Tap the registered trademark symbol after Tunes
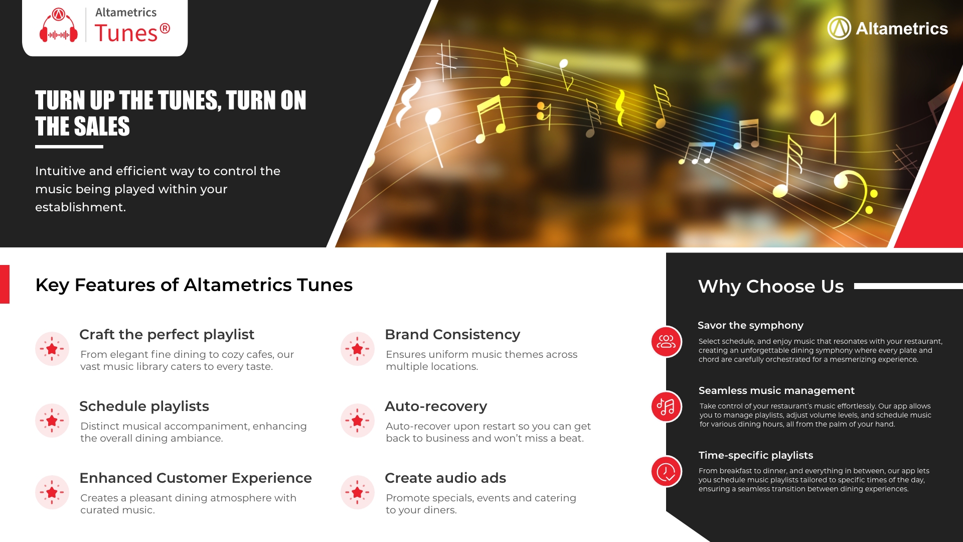point(165,29)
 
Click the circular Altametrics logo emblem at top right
point(839,28)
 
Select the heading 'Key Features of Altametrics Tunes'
point(194,285)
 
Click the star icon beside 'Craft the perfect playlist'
point(52,349)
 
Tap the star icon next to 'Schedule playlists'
point(52,421)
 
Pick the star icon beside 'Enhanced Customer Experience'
point(52,492)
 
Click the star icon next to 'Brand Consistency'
point(358,349)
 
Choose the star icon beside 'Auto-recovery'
point(358,421)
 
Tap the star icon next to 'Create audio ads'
point(358,492)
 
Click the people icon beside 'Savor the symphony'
point(666,342)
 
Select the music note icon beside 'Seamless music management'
point(666,406)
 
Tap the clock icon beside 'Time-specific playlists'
point(666,471)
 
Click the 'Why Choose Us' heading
point(771,287)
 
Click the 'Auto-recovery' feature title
point(436,406)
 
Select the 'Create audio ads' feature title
point(445,478)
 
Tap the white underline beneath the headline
point(69,147)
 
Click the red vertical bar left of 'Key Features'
point(5,284)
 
